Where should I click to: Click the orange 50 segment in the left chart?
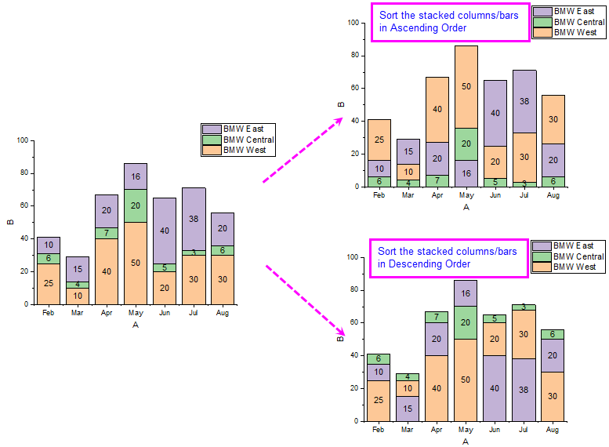point(136,263)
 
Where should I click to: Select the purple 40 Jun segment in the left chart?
point(165,231)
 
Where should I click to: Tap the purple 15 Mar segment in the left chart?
point(78,268)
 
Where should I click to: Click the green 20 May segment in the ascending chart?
point(466,144)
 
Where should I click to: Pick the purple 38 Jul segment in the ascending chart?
point(524,101)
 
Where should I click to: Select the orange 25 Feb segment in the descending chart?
point(379,400)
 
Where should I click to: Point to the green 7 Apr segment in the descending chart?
point(437,317)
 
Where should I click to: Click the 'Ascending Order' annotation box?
point(449,22)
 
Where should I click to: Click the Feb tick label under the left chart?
point(49,312)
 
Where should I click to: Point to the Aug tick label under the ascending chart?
point(553,195)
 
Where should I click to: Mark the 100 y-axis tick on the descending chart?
point(353,257)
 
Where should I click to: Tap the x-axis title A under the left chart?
point(136,325)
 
